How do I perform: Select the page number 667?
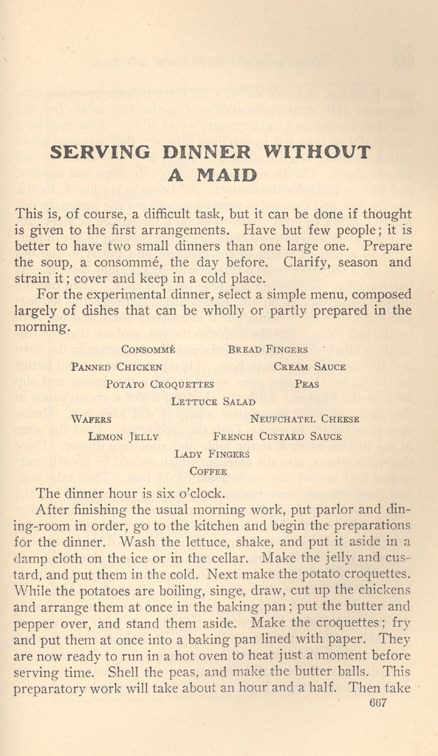click(x=379, y=703)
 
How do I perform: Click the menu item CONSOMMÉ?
click(x=148, y=350)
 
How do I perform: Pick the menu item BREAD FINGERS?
click(x=268, y=350)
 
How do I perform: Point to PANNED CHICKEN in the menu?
click(x=116, y=367)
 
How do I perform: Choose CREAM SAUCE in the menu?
click(x=309, y=367)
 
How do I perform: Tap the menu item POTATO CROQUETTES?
click(x=160, y=385)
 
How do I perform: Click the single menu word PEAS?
click(x=307, y=385)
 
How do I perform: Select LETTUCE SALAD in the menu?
click(x=213, y=402)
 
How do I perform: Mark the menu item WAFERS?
click(x=91, y=420)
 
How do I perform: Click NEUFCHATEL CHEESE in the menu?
click(x=305, y=420)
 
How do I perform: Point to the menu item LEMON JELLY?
click(x=123, y=437)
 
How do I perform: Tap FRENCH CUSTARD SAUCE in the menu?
click(x=277, y=437)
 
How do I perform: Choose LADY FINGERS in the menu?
click(x=212, y=455)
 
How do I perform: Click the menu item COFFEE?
click(x=208, y=472)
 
